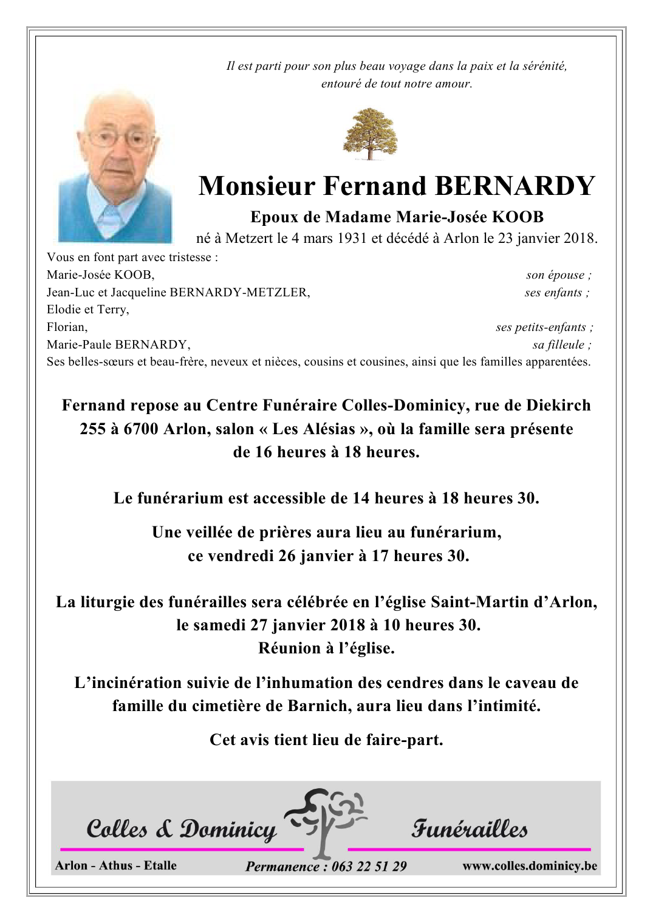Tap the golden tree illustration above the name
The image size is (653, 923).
coord(370,134)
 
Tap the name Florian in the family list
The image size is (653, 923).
coord(67,327)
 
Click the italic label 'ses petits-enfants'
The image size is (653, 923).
coord(544,327)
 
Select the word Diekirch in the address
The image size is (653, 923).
coord(558,405)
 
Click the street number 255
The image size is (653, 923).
coord(92,429)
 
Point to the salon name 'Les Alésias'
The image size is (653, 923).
coord(313,429)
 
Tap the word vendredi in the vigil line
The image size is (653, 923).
coord(241,556)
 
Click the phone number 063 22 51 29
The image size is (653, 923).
coord(369,867)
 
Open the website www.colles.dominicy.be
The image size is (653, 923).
coord(529,866)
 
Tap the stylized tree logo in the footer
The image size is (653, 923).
coord(326,820)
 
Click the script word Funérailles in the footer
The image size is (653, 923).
coord(470,829)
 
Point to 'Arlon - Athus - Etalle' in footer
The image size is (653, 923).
coord(115,865)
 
